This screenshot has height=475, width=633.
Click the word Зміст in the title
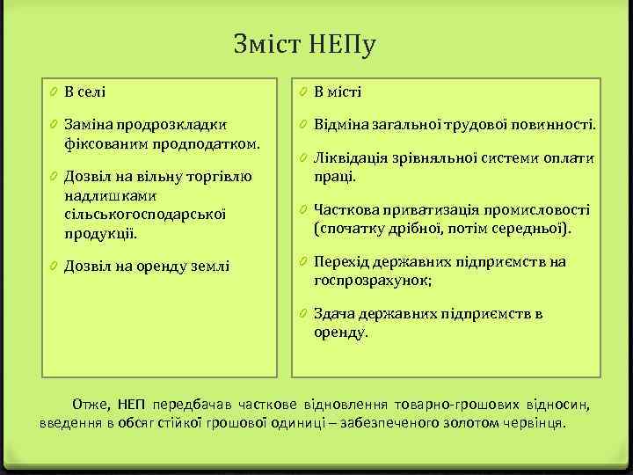pos(269,43)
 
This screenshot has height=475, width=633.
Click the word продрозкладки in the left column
pos(171,125)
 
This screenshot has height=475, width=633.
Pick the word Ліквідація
pos(348,158)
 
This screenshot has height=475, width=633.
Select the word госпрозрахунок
pos(372,280)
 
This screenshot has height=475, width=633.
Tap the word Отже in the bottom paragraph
pos(91,405)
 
